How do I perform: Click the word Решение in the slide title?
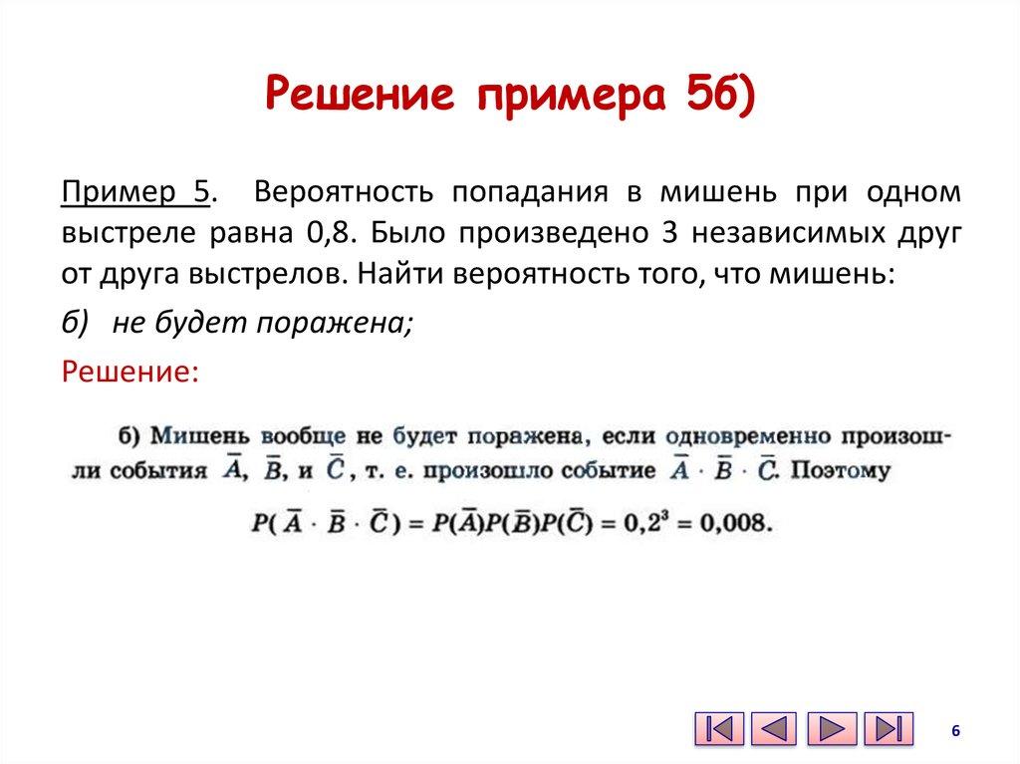click(x=363, y=98)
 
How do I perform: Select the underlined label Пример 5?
click(x=136, y=192)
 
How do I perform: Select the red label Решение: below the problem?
click(x=130, y=372)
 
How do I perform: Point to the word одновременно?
click(x=747, y=436)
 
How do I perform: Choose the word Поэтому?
click(x=841, y=471)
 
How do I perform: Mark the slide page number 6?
click(x=955, y=731)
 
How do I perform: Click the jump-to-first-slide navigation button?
click(x=718, y=728)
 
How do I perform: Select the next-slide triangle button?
click(x=832, y=728)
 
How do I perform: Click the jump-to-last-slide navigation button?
click(x=888, y=728)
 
